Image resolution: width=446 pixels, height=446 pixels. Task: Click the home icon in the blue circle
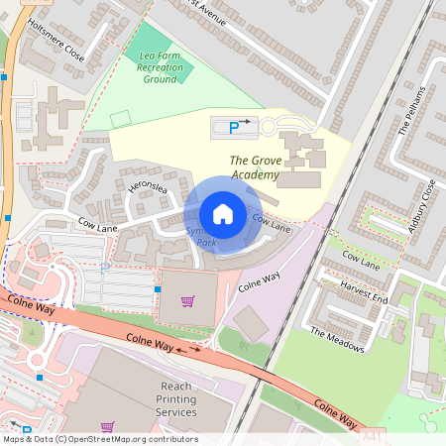coord(223,214)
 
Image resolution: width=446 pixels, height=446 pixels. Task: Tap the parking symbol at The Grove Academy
coord(234,127)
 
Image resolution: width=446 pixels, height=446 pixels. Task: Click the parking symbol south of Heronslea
coord(105,268)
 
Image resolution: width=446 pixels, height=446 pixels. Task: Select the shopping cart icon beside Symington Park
coord(187,300)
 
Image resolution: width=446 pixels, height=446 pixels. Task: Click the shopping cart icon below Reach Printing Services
coord(108,427)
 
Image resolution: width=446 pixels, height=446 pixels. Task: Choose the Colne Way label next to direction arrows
coord(149,342)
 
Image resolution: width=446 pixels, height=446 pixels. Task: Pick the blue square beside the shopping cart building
coord(157,289)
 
